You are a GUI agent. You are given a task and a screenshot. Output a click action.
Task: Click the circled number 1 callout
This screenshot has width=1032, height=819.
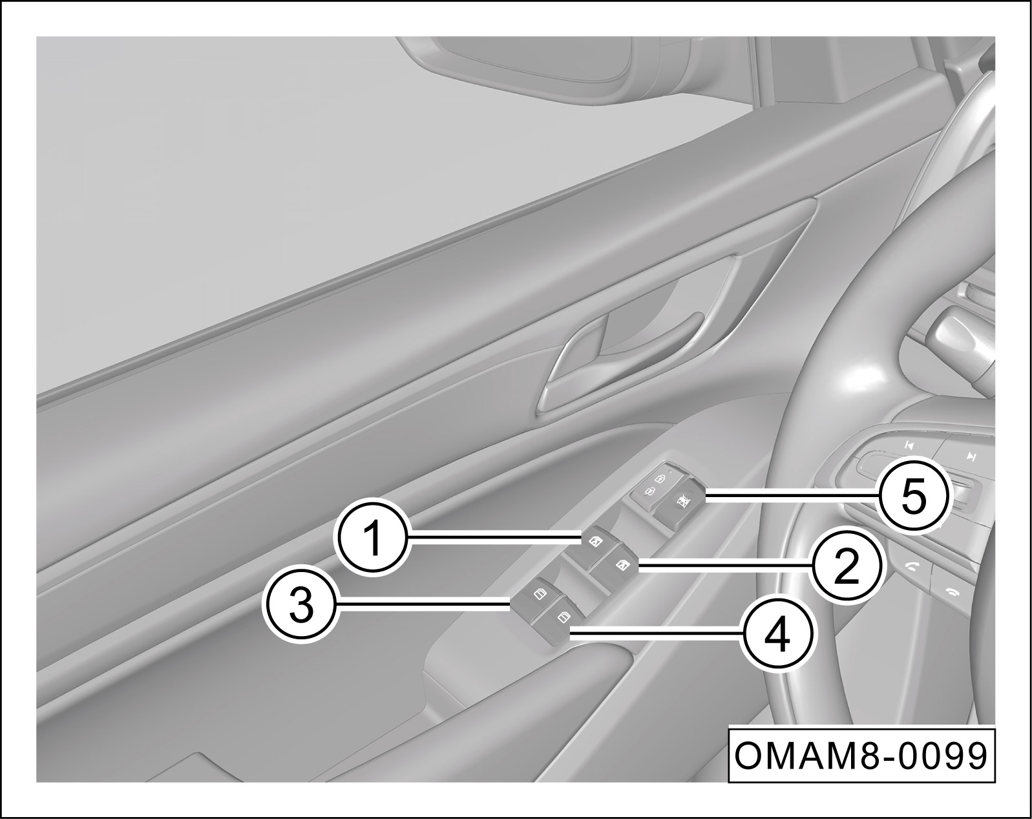coord(374,538)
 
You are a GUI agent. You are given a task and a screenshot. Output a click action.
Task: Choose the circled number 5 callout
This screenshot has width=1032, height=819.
coord(914,498)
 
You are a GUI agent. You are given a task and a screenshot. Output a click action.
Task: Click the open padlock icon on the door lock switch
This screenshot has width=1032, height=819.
coord(660,479)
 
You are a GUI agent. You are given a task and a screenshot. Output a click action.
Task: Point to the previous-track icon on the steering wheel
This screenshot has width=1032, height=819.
coord(909,446)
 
